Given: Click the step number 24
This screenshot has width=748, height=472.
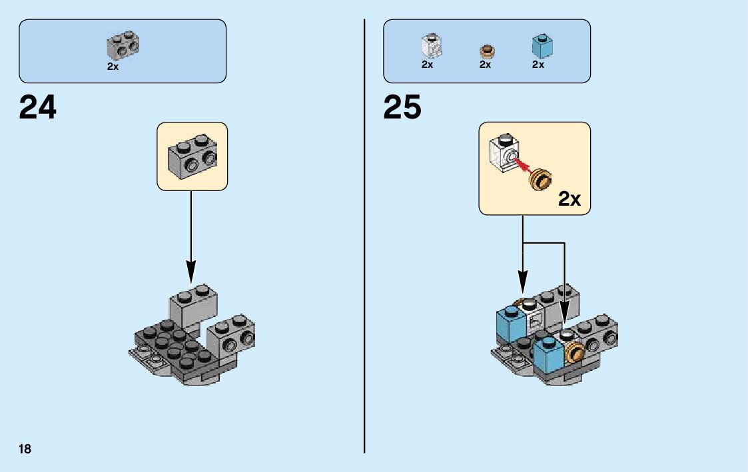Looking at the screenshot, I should click(38, 107).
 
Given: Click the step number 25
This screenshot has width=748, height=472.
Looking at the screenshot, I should click(402, 107).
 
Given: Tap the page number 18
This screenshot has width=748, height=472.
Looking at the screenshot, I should click(25, 449).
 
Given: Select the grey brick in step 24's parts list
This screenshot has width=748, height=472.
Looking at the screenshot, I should click(123, 45).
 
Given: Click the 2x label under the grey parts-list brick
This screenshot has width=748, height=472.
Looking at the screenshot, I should click(113, 67).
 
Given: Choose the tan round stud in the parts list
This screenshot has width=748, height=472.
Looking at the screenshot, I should click(487, 51).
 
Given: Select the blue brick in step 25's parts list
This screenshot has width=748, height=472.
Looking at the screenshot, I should click(543, 47).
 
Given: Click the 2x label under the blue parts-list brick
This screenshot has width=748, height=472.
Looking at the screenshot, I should click(538, 65).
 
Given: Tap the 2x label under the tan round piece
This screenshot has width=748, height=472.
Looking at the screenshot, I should click(485, 65).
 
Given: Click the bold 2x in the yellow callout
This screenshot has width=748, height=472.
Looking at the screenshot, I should click(569, 198).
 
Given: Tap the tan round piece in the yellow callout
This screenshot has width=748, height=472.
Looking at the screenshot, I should click(542, 180).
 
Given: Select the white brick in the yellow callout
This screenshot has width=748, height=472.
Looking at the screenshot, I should click(504, 155).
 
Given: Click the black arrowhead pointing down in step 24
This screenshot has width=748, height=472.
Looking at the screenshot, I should click(191, 271).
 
